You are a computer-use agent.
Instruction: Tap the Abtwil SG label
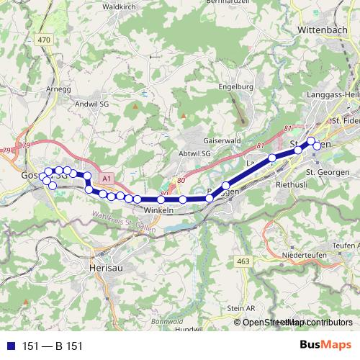point(193,155)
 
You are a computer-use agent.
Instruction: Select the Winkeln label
point(159,210)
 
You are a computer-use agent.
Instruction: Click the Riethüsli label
point(292,184)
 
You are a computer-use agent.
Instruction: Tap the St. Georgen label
point(328,172)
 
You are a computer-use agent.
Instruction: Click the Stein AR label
point(241,307)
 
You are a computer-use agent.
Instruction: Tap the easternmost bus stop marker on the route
point(317,146)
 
